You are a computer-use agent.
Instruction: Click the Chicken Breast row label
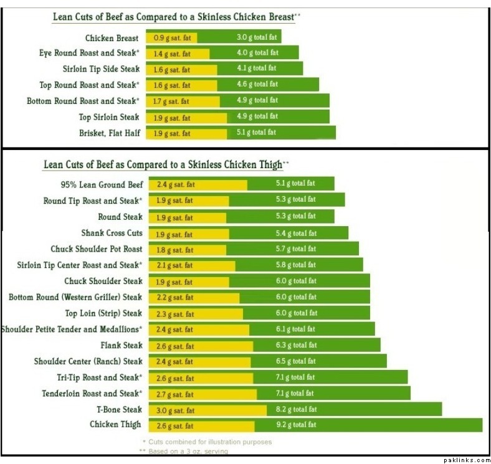click(112, 39)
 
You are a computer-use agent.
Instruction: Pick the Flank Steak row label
click(122, 345)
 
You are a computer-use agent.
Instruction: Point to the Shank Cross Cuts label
click(112, 234)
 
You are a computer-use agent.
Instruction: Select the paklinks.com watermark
click(467, 460)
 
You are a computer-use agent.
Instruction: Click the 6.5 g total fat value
click(296, 361)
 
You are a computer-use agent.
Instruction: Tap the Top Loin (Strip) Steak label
click(104, 313)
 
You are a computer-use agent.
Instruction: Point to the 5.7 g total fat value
click(296, 249)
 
